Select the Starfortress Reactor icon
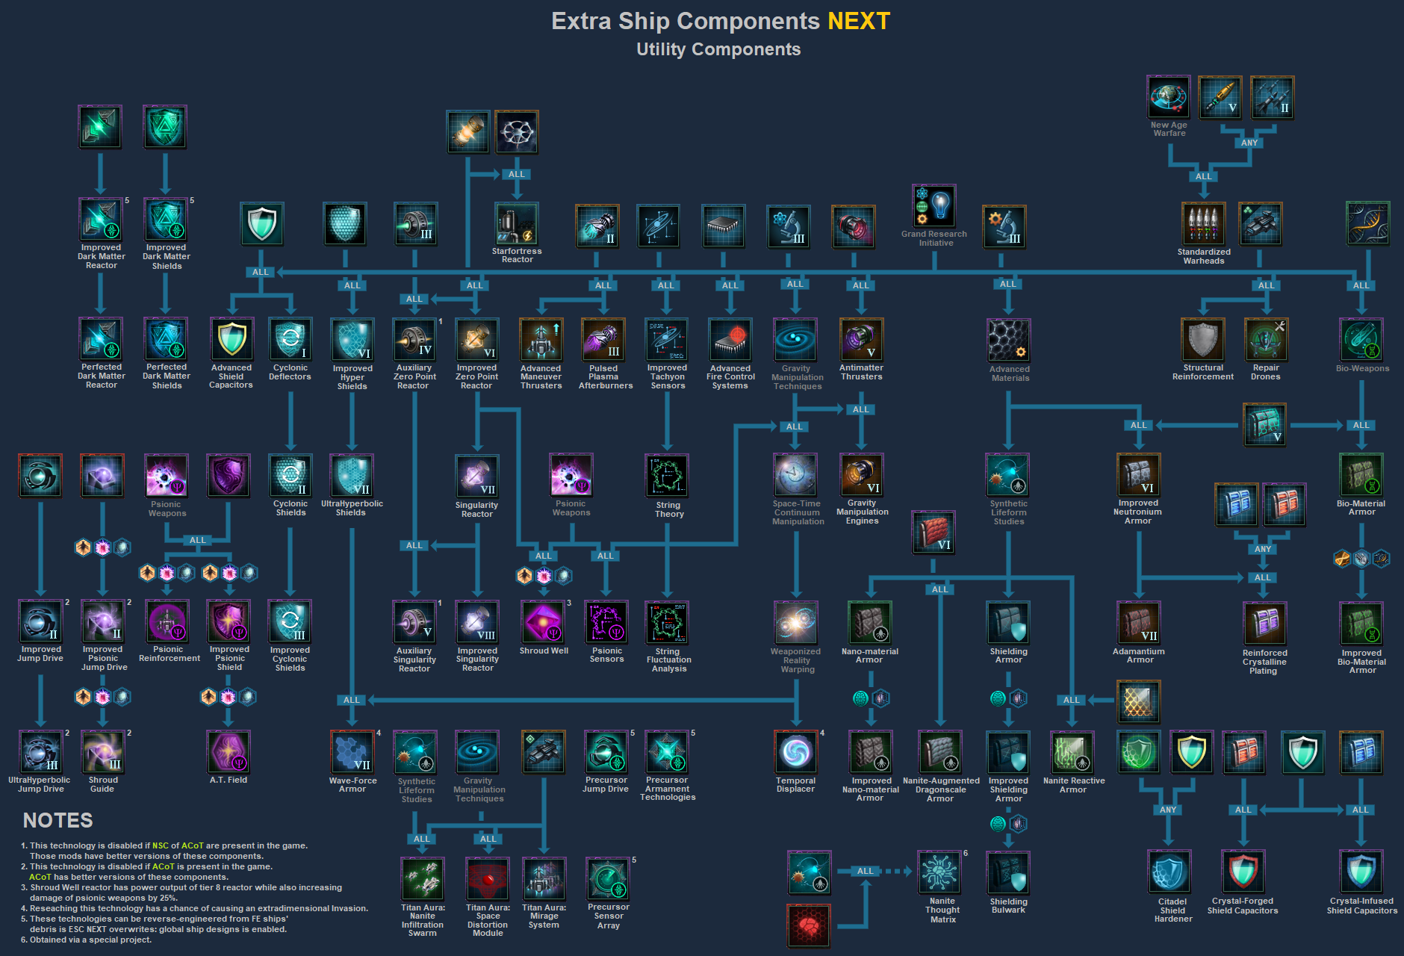click(517, 224)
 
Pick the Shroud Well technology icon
click(544, 621)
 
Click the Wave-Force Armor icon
click(352, 752)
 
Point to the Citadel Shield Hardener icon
click(1170, 872)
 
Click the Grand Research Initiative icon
click(934, 206)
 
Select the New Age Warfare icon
click(1170, 97)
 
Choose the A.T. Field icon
click(229, 752)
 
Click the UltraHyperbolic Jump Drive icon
click(40, 752)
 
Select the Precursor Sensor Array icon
click(609, 879)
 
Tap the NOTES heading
click(58, 821)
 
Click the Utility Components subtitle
click(718, 49)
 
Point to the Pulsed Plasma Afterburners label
click(605, 377)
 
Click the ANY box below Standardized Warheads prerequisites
click(1249, 143)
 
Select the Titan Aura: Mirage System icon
click(544, 879)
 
